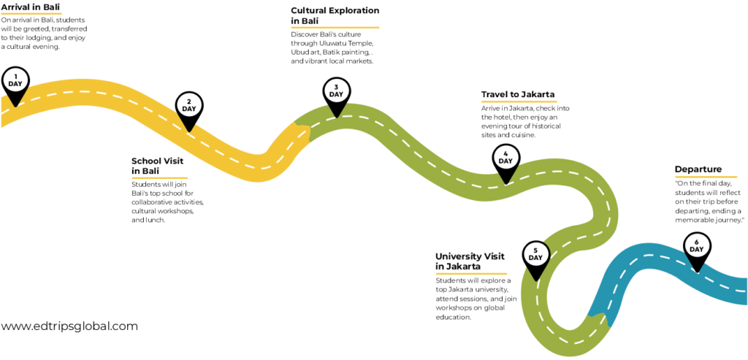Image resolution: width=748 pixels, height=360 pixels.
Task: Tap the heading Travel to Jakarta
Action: [x=518, y=94]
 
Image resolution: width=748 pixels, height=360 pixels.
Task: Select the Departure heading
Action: [x=698, y=169]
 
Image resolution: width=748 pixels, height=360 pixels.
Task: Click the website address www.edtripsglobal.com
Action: [x=69, y=326]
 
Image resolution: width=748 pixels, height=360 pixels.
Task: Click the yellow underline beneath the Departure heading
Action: [x=706, y=177]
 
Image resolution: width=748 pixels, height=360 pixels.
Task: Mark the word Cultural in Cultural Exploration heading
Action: [x=309, y=10]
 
